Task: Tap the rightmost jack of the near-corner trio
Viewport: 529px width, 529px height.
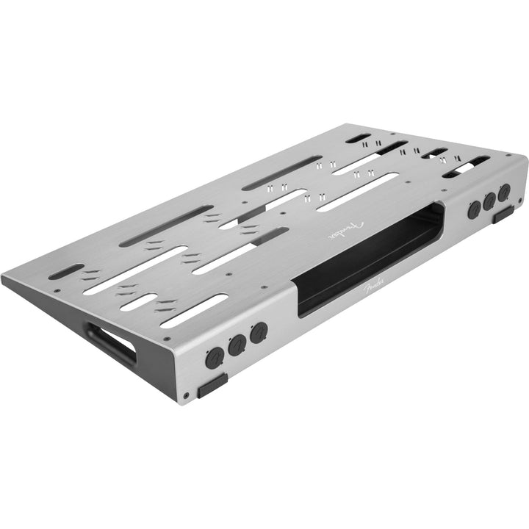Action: click(257, 334)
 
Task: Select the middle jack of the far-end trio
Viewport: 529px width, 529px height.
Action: click(490, 201)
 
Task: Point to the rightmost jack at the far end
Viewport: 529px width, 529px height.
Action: click(504, 195)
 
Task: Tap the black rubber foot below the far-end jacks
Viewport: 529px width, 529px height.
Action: click(503, 215)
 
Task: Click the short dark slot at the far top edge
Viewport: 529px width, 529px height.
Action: click(358, 138)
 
